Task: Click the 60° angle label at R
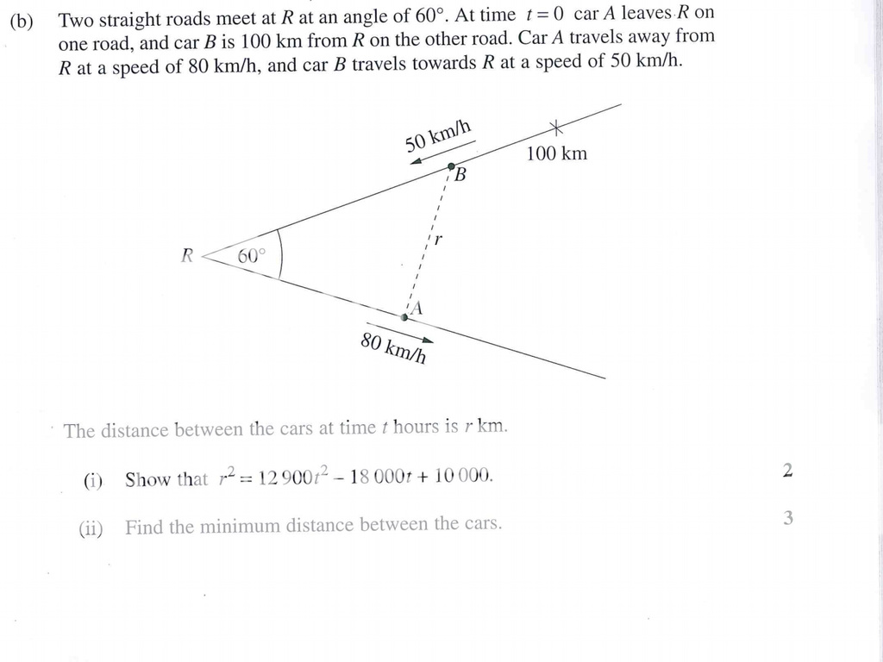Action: [252, 256]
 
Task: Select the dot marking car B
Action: [451, 165]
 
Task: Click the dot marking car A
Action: [404, 317]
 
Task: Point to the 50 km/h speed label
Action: [438, 136]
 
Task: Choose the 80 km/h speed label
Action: [393, 348]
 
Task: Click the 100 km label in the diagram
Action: [556, 154]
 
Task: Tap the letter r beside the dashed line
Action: [438, 240]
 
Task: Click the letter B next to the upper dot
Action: [460, 176]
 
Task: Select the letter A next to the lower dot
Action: [417, 308]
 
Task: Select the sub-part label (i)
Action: [92, 481]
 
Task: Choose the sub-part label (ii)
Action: [91, 527]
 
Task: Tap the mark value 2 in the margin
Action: [787, 471]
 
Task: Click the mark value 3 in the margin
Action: [787, 518]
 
